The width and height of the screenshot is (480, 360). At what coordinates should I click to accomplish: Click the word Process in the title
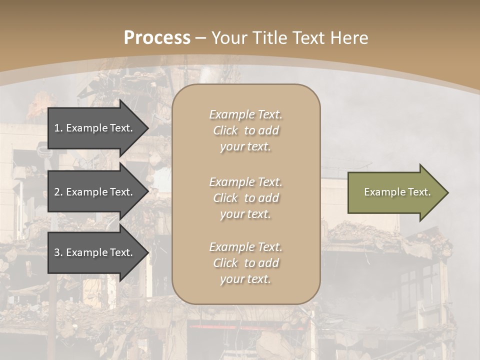[157, 38]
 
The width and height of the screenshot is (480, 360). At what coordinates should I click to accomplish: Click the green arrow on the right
[397, 192]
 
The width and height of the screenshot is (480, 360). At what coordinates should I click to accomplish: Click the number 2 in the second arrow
[57, 192]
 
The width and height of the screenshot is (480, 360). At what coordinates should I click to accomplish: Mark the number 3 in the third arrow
[57, 252]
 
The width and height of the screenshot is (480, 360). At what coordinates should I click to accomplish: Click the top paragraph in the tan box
[245, 130]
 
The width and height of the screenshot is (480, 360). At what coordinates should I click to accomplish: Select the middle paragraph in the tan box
[245, 198]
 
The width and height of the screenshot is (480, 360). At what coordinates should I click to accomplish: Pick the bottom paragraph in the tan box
[245, 263]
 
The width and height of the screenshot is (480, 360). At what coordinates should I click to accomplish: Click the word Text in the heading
[308, 38]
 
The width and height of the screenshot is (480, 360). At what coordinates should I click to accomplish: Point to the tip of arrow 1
[148, 128]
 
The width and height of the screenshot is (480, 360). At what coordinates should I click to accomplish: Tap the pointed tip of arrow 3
[148, 252]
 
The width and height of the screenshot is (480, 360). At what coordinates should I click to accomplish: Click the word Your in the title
[228, 38]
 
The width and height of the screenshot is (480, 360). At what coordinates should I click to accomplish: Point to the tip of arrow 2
[148, 192]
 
